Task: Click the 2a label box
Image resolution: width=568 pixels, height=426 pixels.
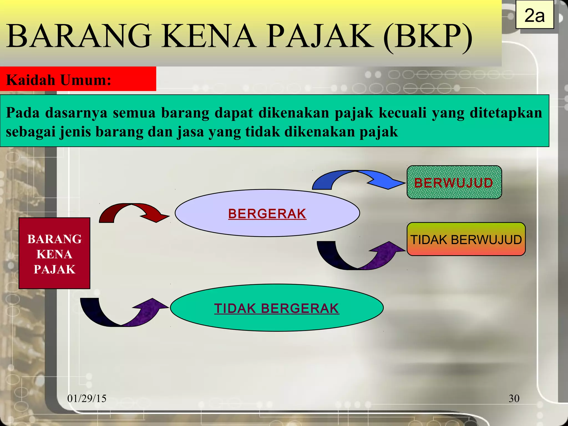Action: click(534, 15)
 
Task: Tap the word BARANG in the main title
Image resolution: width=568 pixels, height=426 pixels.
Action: click(79, 37)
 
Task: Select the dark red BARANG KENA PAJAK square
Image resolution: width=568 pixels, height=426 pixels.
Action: click(54, 253)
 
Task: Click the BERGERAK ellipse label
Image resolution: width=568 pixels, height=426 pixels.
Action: click(267, 214)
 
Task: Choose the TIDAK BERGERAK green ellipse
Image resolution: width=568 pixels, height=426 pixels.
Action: click(277, 308)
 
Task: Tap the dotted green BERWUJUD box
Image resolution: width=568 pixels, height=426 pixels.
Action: click(454, 182)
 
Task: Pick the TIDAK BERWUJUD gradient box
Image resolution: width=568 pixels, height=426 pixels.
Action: click(466, 239)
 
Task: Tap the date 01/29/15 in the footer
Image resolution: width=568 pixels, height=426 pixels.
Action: click(87, 399)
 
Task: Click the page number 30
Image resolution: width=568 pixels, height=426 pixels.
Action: click(514, 399)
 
